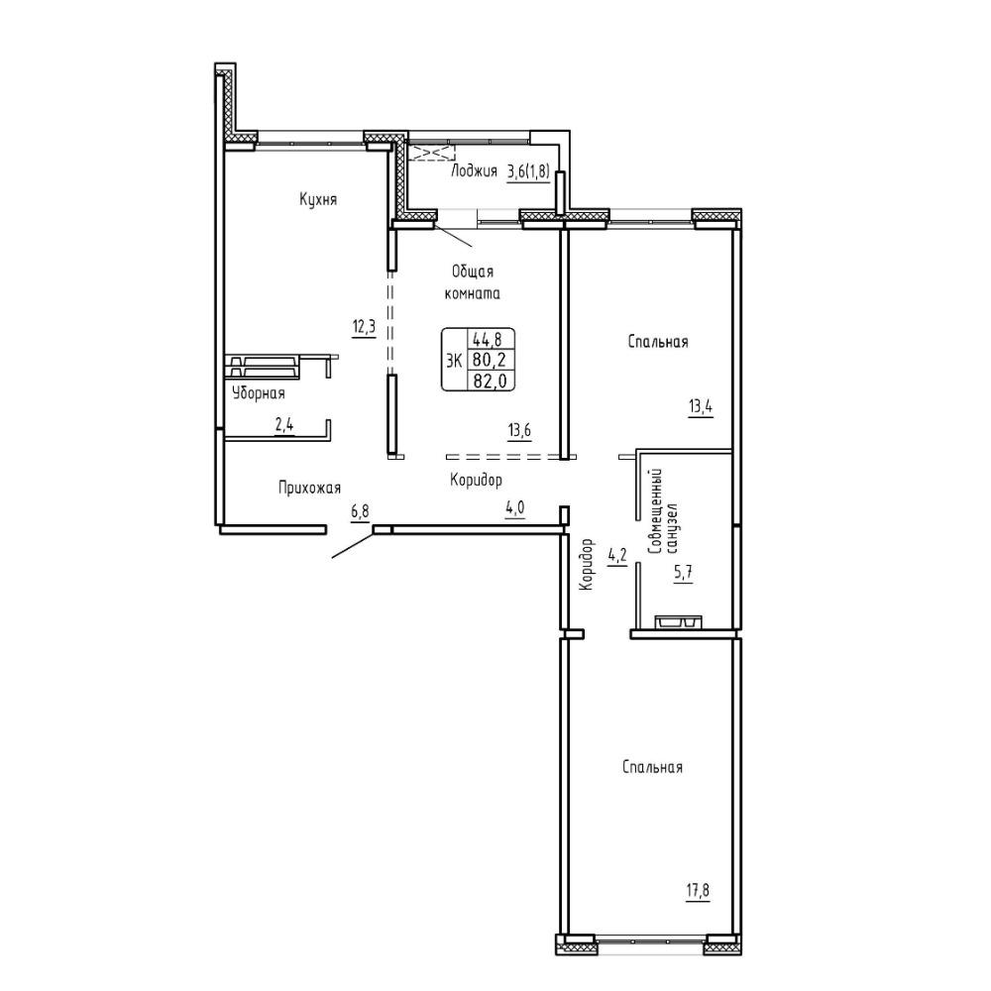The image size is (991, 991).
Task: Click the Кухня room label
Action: click(x=318, y=200)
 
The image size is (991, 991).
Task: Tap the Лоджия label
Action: click(x=474, y=171)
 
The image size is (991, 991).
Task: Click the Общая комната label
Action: click(x=473, y=282)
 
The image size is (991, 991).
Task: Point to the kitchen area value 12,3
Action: click(x=364, y=327)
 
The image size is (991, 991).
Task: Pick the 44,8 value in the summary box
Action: click(x=491, y=339)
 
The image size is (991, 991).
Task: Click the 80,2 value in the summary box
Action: click(x=491, y=361)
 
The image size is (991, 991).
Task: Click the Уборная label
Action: click(x=259, y=393)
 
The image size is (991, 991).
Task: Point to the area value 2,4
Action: click(x=283, y=424)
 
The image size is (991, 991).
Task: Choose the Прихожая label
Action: click(x=309, y=488)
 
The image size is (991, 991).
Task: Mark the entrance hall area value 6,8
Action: click(x=361, y=511)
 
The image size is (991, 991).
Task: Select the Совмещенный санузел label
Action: click(x=664, y=512)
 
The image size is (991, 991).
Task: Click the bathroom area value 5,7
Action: click(x=683, y=573)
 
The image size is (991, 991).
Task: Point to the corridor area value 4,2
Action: click(x=616, y=556)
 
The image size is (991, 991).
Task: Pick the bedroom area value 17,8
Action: click(x=697, y=891)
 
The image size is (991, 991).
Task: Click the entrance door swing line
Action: click(x=353, y=546)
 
